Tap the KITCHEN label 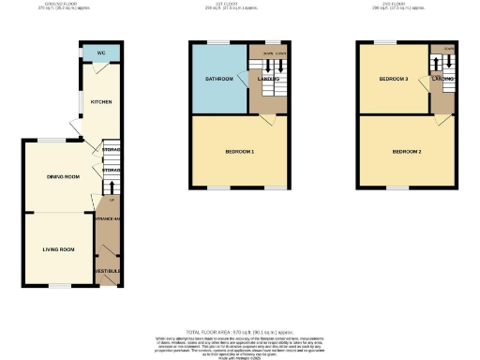(x=100, y=101)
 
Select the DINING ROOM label (x=63, y=176)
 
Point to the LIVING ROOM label (x=58, y=249)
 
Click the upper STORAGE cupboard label (x=112, y=149)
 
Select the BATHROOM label (x=219, y=79)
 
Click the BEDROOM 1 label (x=240, y=151)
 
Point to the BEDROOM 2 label (x=407, y=151)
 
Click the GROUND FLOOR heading (x=68, y=5)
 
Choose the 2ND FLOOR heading (x=409, y=5)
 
